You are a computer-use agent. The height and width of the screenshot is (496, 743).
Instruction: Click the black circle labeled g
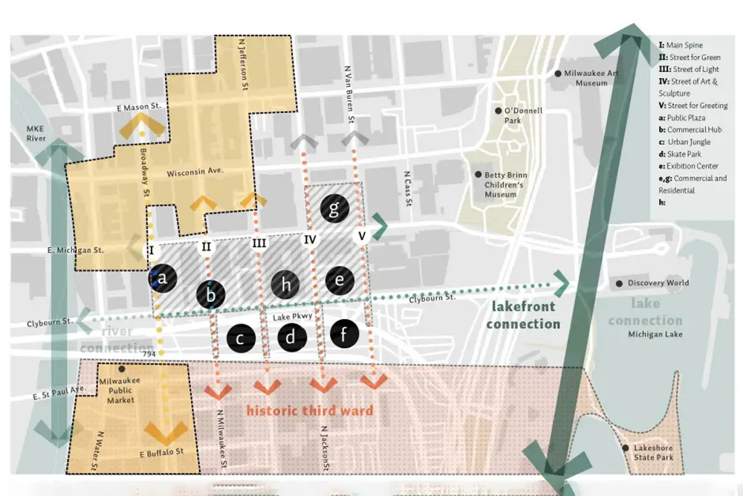334,210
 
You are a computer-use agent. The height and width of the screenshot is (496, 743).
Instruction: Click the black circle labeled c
241,339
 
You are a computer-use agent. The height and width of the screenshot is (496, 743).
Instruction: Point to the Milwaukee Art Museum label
591,78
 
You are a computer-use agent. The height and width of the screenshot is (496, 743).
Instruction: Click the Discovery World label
658,283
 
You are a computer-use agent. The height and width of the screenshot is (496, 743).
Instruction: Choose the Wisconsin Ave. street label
195,172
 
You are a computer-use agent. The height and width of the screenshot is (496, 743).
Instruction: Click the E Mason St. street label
139,108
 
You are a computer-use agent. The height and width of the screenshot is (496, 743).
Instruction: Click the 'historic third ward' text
309,410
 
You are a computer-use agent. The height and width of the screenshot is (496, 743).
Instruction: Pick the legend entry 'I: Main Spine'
681,45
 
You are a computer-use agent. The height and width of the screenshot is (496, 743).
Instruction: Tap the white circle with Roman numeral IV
310,240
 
